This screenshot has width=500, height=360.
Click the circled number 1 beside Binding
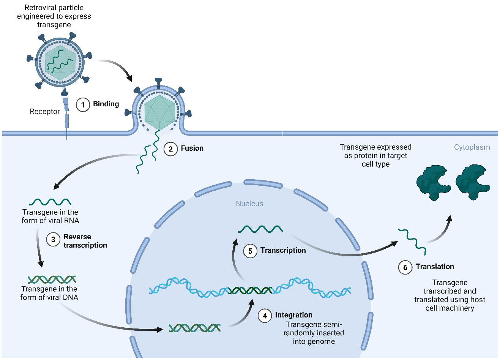click(x=83, y=104)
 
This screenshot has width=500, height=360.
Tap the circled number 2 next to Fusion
click(x=170, y=149)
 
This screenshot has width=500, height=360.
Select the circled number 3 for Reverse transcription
click(x=53, y=239)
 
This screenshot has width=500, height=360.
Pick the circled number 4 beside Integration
click(x=265, y=316)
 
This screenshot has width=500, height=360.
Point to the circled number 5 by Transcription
click(x=250, y=251)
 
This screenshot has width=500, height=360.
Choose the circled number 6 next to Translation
click(x=405, y=267)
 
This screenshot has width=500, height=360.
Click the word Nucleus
click(x=249, y=204)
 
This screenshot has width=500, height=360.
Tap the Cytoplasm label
click(x=472, y=147)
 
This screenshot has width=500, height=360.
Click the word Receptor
click(x=45, y=111)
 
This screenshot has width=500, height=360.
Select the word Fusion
click(x=192, y=148)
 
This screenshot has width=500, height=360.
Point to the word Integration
click(x=293, y=315)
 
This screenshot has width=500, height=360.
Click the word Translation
click(x=435, y=267)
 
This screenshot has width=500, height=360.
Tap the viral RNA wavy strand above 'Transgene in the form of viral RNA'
click(x=50, y=202)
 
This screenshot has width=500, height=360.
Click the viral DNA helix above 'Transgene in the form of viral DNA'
click(x=52, y=279)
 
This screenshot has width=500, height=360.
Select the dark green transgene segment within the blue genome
click(x=250, y=291)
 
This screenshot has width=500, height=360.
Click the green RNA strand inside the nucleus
click(x=260, y=229)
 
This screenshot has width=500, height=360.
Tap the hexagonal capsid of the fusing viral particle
click(x=160, y=112)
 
